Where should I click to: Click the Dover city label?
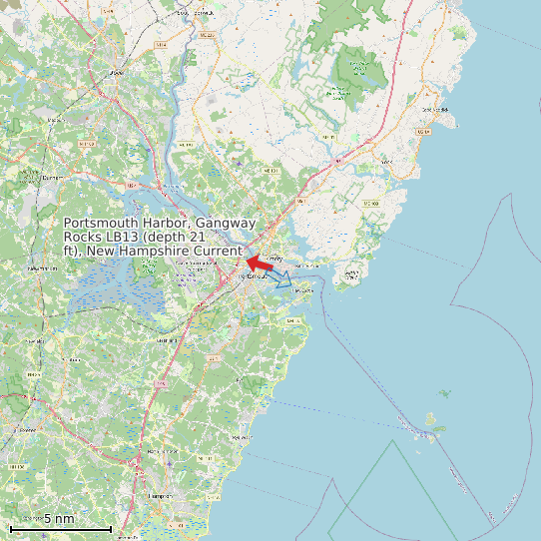[x=117, y=73]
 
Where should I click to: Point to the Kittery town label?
[x=276, y=259]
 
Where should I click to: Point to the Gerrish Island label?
[x=351, y=271]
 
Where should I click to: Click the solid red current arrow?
[x=261, y=264]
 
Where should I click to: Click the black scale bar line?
[x=60, y=528]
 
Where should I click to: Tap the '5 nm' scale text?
[x=59, y=518]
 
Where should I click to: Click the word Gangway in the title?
[x=226, y=224]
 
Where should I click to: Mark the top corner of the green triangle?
[x=395, y=441]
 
